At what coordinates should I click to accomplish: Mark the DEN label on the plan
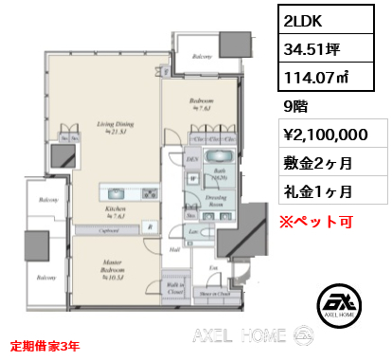191,162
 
